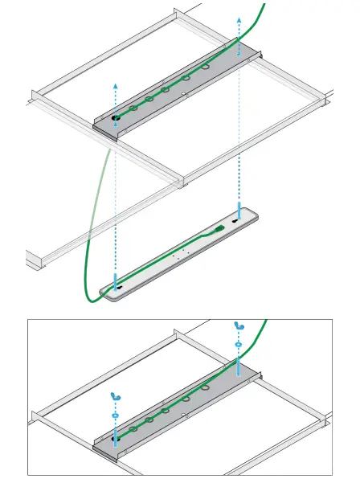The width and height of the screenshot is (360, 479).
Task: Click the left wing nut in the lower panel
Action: click(x=116, y=399)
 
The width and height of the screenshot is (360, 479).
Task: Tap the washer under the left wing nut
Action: click(x=116, y=416)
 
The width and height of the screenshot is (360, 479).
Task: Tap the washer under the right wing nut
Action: click(x=238, y=344)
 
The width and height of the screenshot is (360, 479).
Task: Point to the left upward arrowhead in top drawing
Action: click(x=116, y=84)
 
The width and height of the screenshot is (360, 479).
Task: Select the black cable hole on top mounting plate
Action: click(x=117, y=117)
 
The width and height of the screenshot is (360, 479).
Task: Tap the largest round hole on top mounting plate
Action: click(x=206, y=70)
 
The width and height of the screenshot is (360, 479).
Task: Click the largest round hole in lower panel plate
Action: click(x=206, y=388)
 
